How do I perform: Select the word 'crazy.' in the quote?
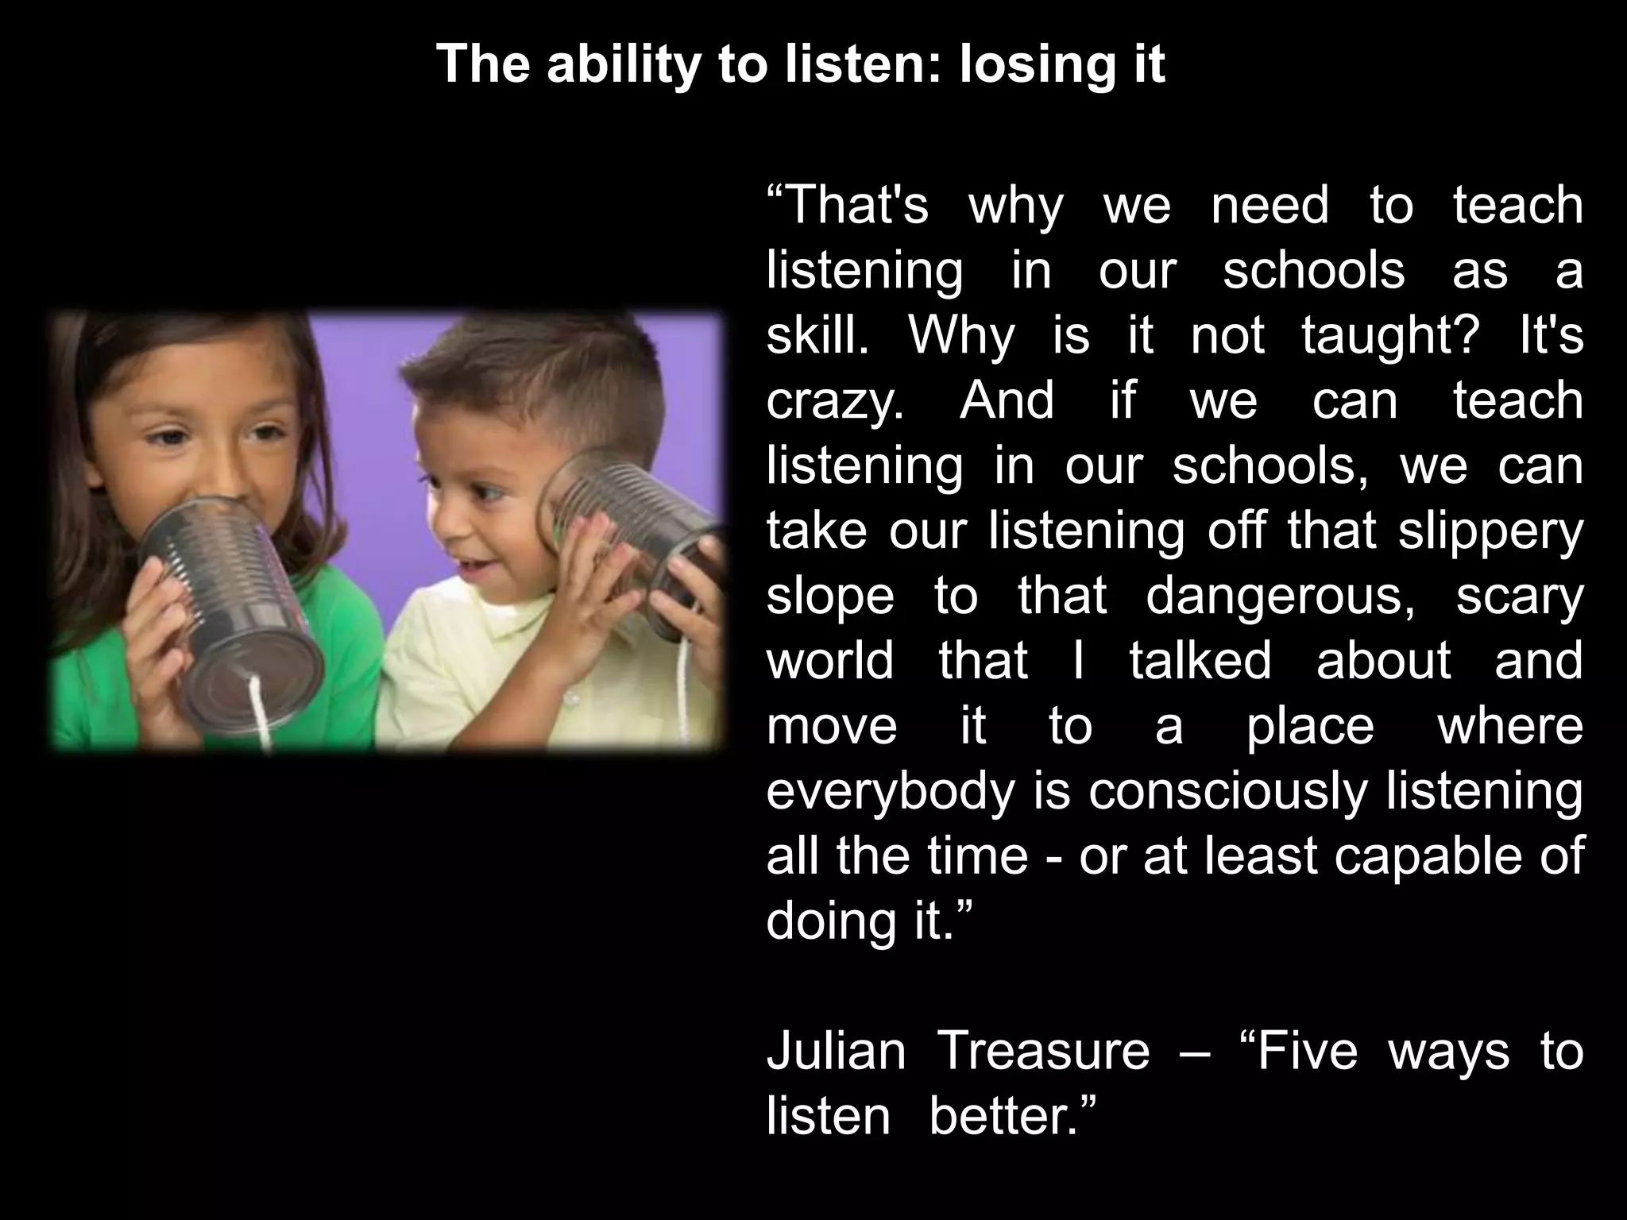(x=835, y=400)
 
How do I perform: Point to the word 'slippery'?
(x=1491, y=531)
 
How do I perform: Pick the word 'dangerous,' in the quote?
(x=1281, y=596)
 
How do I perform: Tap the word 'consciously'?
(x=1228, y=791)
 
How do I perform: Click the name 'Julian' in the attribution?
(x=836, y=1051)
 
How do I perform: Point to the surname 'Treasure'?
(x=1044, y=1051)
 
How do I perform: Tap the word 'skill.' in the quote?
(x=817, y=335)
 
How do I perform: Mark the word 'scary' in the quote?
(x=1519, y=596)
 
